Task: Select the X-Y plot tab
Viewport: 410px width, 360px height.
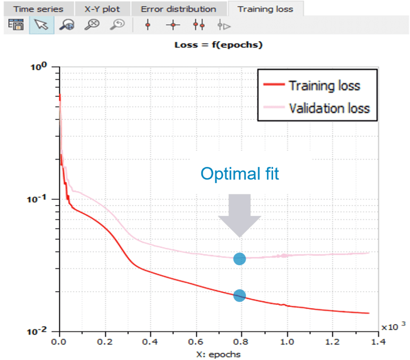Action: click(x=102, y=9)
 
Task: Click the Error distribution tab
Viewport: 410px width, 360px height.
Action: click(x=178, y=9)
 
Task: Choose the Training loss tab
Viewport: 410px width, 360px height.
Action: click(x=265, y=9)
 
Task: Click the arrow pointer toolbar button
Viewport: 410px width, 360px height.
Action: click(x=42, y=25)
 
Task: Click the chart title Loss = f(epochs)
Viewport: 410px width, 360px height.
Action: click(x=218, y=45)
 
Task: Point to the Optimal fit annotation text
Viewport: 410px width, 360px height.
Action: click(x=239, y=174)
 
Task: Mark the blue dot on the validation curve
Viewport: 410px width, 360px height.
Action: click(x=239, y=259)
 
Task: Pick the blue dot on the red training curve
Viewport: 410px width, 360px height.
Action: click(x=239, y=296)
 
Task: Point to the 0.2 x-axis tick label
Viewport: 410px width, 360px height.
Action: click(x=105, y=342)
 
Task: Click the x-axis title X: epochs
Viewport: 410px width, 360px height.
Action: click(x=219, y=354)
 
